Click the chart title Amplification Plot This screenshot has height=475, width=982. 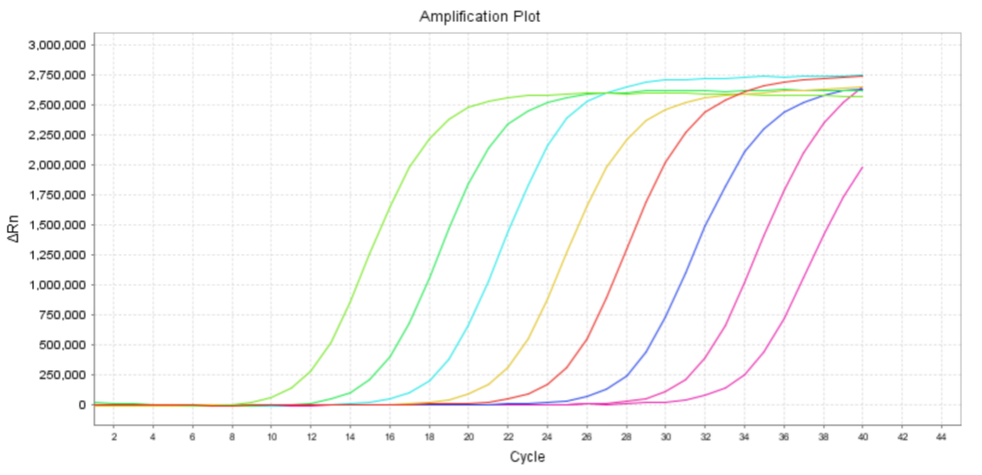pos(480,16)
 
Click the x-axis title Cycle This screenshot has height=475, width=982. pos(527,457)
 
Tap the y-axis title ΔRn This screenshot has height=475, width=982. pos(13,228)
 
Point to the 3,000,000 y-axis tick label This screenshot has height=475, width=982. pos(57,45)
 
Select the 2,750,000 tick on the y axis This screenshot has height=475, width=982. pos(57,75)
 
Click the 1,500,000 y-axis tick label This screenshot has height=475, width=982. pos(57,225)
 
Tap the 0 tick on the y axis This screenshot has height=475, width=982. pos(82,405)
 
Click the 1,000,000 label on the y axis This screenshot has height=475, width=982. pos(57,285)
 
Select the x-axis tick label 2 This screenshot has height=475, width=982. pos(114,437)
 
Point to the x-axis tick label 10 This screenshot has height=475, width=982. pos(272,437)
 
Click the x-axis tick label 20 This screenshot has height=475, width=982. pos(469,437)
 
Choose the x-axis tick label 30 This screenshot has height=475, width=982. pos(666,437)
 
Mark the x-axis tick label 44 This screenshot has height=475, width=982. pos(941,437)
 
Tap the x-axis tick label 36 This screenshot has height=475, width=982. pos(784,437)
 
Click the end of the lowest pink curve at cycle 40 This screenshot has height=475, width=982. pos(862,168)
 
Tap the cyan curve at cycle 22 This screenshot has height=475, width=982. pos(508,230)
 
